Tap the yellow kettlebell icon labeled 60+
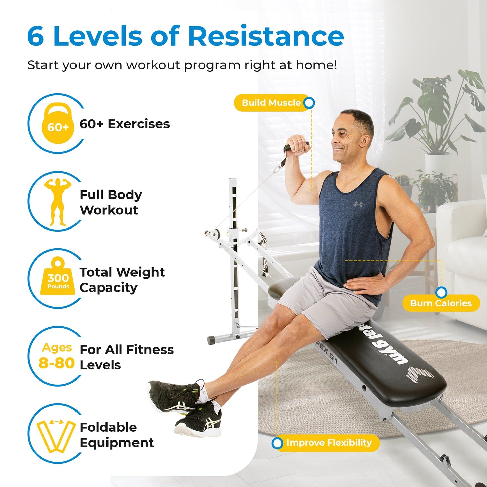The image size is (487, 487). tap(58, 123)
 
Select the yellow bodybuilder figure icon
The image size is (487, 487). tap(58, 202)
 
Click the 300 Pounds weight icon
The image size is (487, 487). tap(58, 278)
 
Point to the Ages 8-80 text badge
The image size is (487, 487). tap(57, 356)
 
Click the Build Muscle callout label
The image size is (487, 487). tap(271, 103)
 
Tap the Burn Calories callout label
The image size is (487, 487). tap(441, 303)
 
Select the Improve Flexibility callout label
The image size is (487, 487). tap(329, 443)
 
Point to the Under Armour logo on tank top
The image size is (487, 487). tap(358, 204)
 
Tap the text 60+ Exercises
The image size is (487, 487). tap(124, 124)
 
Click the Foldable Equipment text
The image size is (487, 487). tap(116, 435)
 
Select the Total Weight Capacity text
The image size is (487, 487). tap(122, 280)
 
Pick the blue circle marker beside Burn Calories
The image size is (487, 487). tap(441, 292)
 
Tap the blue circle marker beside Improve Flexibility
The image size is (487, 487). tap(277, 443)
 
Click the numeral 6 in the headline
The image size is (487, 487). tap(36, 36)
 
